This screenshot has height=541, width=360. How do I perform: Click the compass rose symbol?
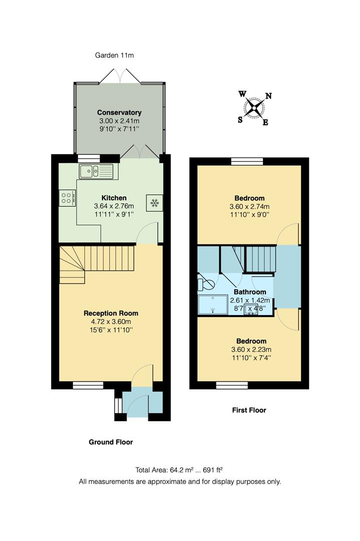(255, 107)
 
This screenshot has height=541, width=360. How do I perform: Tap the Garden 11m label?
(114, 55)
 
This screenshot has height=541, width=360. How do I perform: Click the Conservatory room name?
(119, 113)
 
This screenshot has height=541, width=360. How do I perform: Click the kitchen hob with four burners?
(66, 197)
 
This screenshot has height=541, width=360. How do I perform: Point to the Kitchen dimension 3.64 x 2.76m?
(114, 206)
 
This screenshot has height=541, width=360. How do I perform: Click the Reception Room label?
(111, 313)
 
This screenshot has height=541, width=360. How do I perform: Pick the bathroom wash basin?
(251, 309)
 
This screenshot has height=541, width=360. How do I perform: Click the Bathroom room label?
(249, 292)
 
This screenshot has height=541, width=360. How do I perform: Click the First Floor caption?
(249, 410)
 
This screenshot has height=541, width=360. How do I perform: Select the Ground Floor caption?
(111, 442)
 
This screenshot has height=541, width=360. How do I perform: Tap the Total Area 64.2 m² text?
(179, 470)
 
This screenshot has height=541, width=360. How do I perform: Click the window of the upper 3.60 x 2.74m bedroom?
(247, 161)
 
